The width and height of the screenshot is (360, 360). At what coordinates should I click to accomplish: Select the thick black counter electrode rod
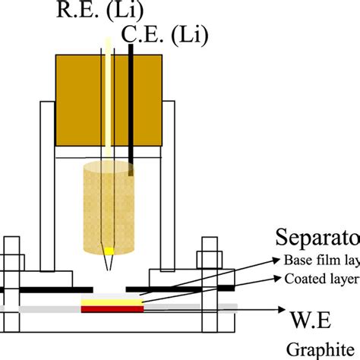133,106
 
